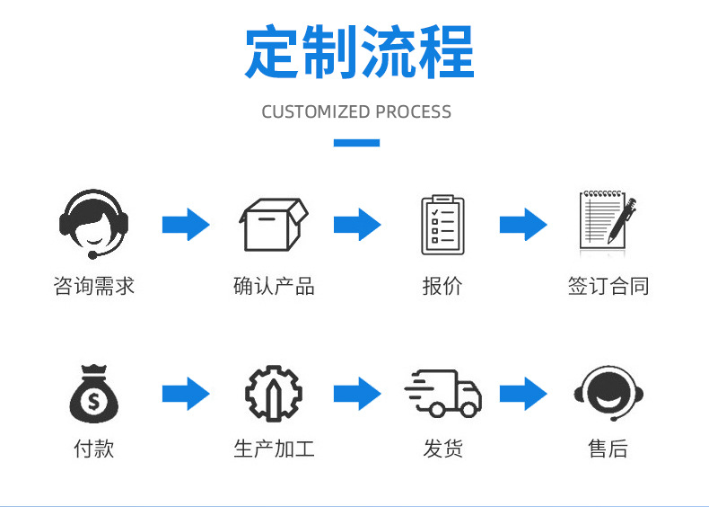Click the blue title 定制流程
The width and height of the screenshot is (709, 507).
point(359,52)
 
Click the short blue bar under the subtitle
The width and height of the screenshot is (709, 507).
point(356,142)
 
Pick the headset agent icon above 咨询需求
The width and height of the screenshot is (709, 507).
point(93,224)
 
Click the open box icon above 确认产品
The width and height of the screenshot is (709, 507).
point(273,225)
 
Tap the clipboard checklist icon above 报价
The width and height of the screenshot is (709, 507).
point(442,225)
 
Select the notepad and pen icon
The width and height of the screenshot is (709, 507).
point(607,223)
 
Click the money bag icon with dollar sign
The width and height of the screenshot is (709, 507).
point(93,394)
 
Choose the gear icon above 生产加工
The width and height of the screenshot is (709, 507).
point(274,394)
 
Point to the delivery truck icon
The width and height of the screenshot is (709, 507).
point(442,394)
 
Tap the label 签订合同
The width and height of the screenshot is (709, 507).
point(608,287)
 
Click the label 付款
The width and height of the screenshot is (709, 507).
point(93,449)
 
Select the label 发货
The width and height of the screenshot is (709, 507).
point(442,449)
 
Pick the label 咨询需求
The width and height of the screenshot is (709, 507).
point(93,287)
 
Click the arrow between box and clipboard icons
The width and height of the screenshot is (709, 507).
point(357,225)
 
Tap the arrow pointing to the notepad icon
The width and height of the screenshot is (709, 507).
point(523,225)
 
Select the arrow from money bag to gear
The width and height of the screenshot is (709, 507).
point(186,394)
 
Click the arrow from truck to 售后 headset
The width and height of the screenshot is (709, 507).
point(523,394)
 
